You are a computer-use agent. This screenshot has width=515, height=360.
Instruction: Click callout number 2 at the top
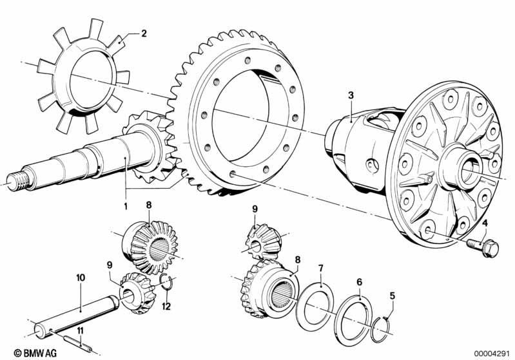coord(144,33)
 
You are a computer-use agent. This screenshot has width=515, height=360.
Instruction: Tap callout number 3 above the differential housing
coord(350,95)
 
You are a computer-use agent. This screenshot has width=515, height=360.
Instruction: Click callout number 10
coord(80,278)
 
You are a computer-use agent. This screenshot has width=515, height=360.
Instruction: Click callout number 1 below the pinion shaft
coord(126,207)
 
